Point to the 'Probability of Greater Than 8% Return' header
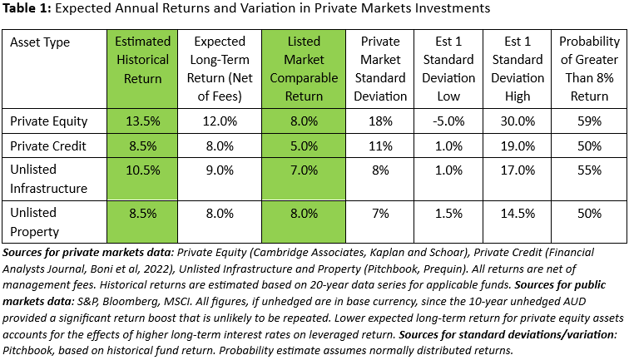pyautogui.click(x=589, y=69)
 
